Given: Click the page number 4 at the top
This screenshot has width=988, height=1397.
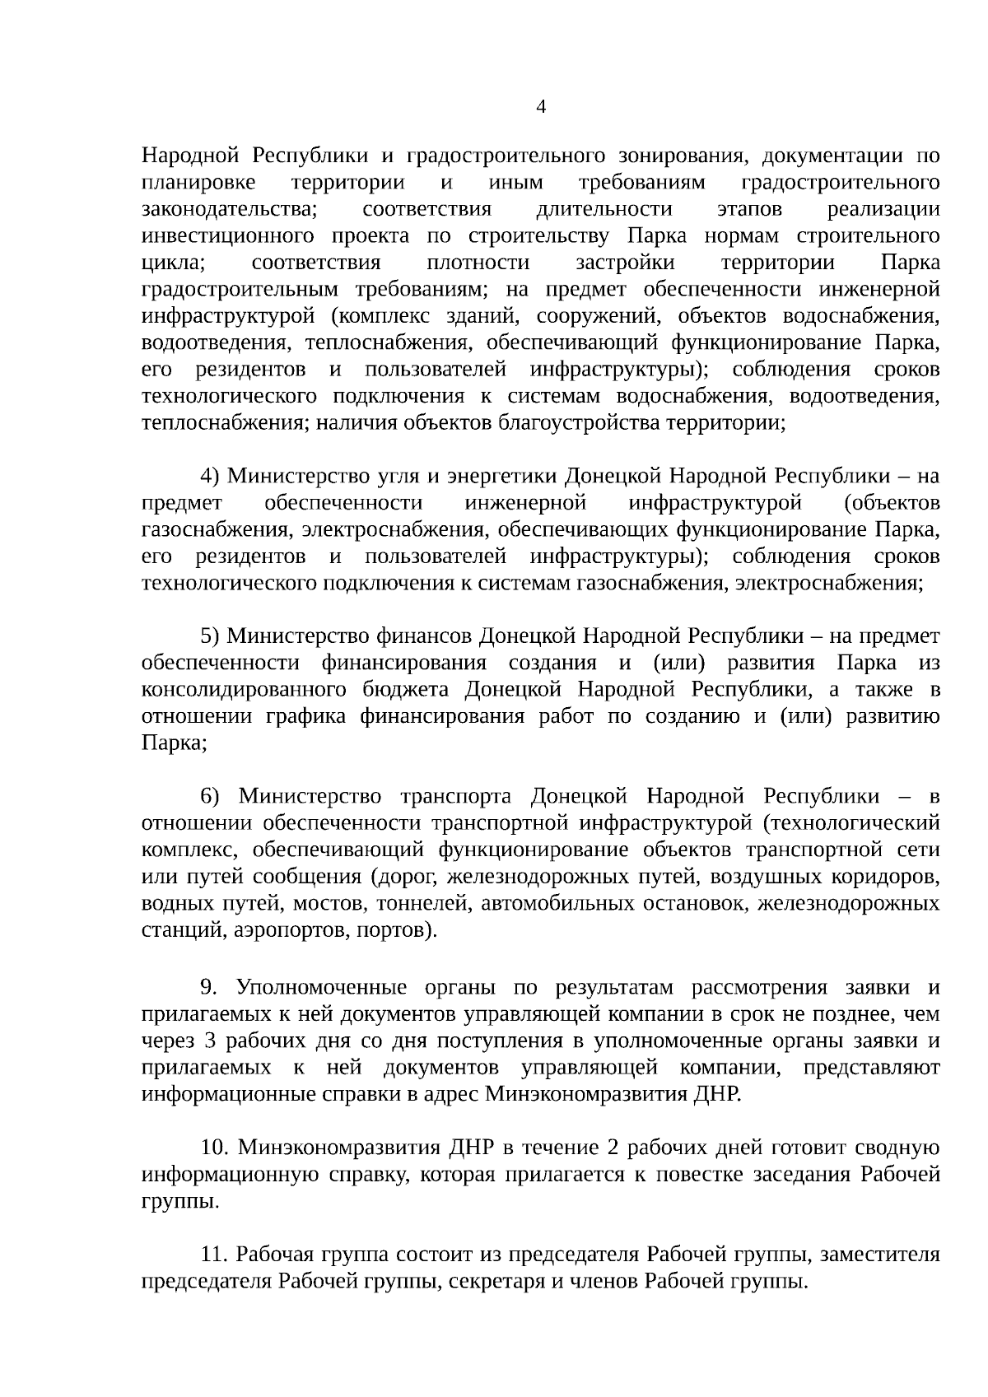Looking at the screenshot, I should (542, 107).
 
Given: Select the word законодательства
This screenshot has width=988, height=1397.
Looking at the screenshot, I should (231, 209).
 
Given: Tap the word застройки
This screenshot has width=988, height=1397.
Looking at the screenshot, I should (625, 263).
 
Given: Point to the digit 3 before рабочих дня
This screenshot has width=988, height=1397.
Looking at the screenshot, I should (209, 1041).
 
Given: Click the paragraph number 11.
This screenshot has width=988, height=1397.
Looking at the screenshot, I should (214, 1255).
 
